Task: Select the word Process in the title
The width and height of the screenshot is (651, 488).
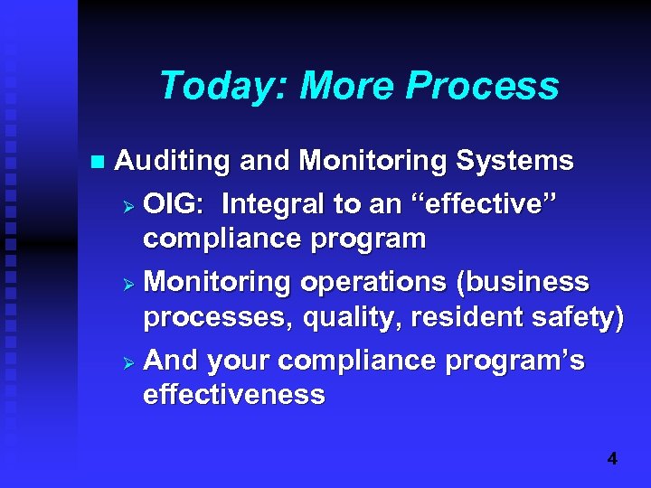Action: [482, 87]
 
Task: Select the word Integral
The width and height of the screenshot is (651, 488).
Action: [274, 204]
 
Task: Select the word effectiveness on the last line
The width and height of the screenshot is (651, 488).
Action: [233, 395]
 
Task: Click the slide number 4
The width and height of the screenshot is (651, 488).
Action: [612, 459]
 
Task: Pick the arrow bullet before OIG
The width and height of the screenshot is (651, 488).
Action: [128, 206]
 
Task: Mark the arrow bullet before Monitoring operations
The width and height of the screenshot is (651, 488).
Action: [128, 284]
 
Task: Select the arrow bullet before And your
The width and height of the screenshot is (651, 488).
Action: [128, 361]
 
